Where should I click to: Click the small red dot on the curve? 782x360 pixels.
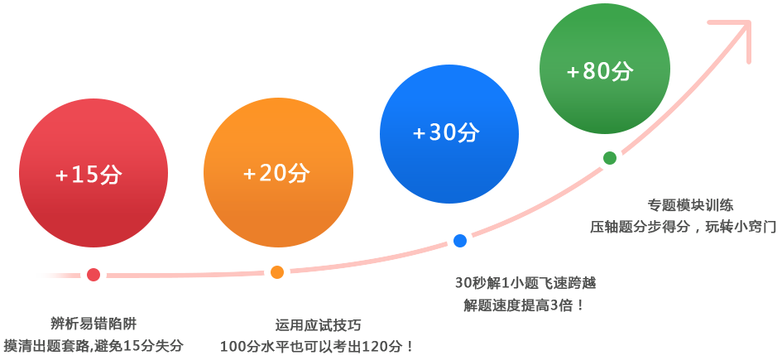(94, 274)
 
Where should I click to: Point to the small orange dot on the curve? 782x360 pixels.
(277, 272)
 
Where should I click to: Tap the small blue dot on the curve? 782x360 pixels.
(460, 241)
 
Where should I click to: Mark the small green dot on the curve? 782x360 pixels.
(610, 157)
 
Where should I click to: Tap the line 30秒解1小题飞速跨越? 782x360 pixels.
(525, 283)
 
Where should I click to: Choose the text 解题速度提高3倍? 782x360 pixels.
(525, 305)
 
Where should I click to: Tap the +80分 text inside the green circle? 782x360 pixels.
(600, 71)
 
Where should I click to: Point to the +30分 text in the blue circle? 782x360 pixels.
(446, 132)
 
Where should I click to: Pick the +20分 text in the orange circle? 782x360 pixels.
(276, 173)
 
